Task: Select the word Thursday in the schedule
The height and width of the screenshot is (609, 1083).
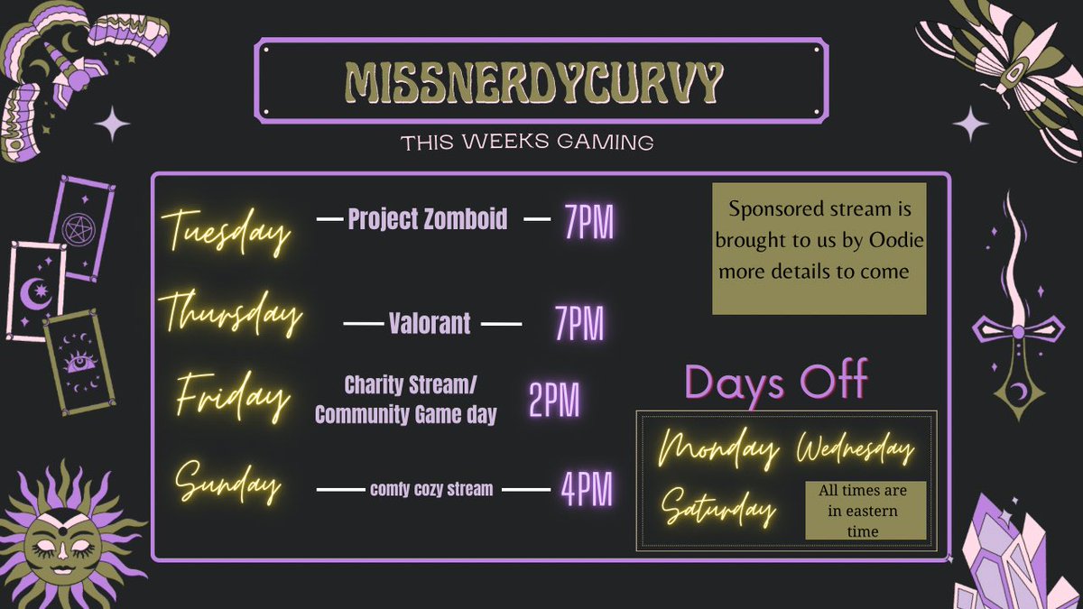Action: [234, 315]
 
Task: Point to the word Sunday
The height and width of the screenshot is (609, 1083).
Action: [228, 484]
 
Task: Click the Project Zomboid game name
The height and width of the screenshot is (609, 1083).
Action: [428, 219]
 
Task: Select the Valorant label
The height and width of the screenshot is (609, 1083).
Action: [430, 324]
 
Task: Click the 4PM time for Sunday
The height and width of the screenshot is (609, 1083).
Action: [586, 490]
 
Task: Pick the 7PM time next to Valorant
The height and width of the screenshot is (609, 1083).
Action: [579, 324]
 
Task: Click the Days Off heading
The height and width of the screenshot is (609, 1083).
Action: [776, 380]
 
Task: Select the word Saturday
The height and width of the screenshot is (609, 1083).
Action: [719, 508]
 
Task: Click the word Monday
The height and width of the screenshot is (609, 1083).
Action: [719, 447]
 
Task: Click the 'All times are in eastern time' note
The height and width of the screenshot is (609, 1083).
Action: [865, 511]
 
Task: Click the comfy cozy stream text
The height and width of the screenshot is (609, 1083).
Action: [431, 490]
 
